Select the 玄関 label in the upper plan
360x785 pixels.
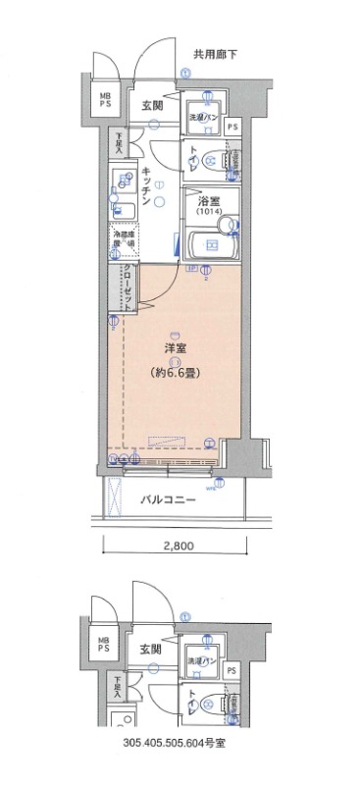coord(151,105)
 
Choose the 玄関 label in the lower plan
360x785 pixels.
coord(151,650)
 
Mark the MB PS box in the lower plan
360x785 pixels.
coord(103,644)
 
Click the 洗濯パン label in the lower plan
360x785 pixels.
coord(204,661)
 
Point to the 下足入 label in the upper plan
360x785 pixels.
coord(116,145)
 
